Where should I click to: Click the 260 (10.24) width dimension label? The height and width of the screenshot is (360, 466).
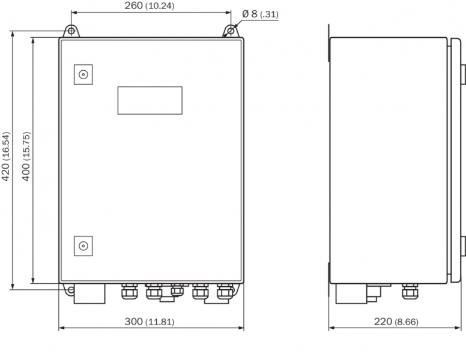click(x=149, y=5)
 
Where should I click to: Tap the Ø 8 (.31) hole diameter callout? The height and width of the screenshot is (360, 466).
click(x=260, y=14)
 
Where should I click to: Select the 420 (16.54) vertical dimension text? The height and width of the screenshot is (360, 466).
click(x=6, y=156)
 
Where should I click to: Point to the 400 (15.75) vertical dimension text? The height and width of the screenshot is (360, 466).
click(x=26, y=156)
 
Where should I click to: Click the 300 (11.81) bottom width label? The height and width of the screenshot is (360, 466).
click(x=149, y=322)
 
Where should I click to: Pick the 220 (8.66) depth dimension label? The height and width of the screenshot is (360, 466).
click(x=396, y=322)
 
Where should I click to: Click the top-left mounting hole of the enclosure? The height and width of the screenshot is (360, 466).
click(x=71, y=31)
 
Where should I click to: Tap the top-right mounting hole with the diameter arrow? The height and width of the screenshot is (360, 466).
click(x=231, y=31)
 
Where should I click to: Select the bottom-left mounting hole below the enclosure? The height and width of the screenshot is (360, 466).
click(x=71, y=290)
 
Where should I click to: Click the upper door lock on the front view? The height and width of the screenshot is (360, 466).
click(x=83, y=74)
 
